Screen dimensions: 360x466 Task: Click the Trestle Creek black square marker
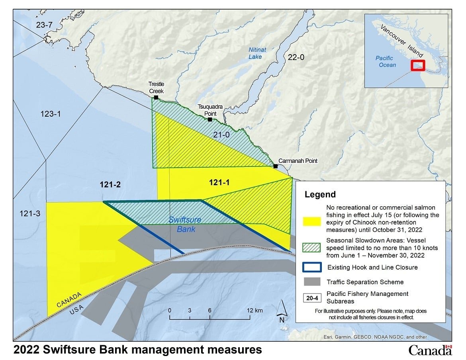point(156,97)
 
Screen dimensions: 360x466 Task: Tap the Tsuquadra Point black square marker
point(210,119)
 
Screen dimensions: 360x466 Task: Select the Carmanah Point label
point(298,161)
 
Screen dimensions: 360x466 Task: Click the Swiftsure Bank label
point(184,224)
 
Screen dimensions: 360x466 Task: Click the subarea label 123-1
point(51,114)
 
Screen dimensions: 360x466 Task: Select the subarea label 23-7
point(44,25)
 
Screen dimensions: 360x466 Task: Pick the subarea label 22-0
point(296,57)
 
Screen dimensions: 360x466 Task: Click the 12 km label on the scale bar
point(255,310)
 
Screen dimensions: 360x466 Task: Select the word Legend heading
point(320,195)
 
